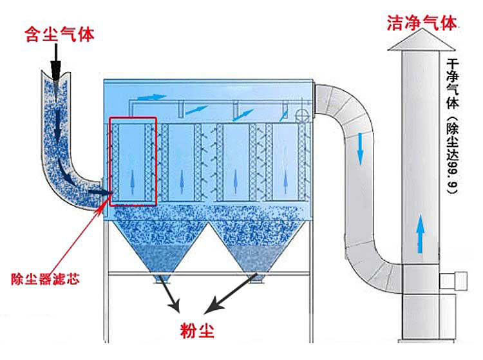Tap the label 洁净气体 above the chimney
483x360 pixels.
pos(421,24)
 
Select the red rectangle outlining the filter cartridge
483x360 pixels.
pos(133,161)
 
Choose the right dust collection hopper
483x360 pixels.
pos(254,248)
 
